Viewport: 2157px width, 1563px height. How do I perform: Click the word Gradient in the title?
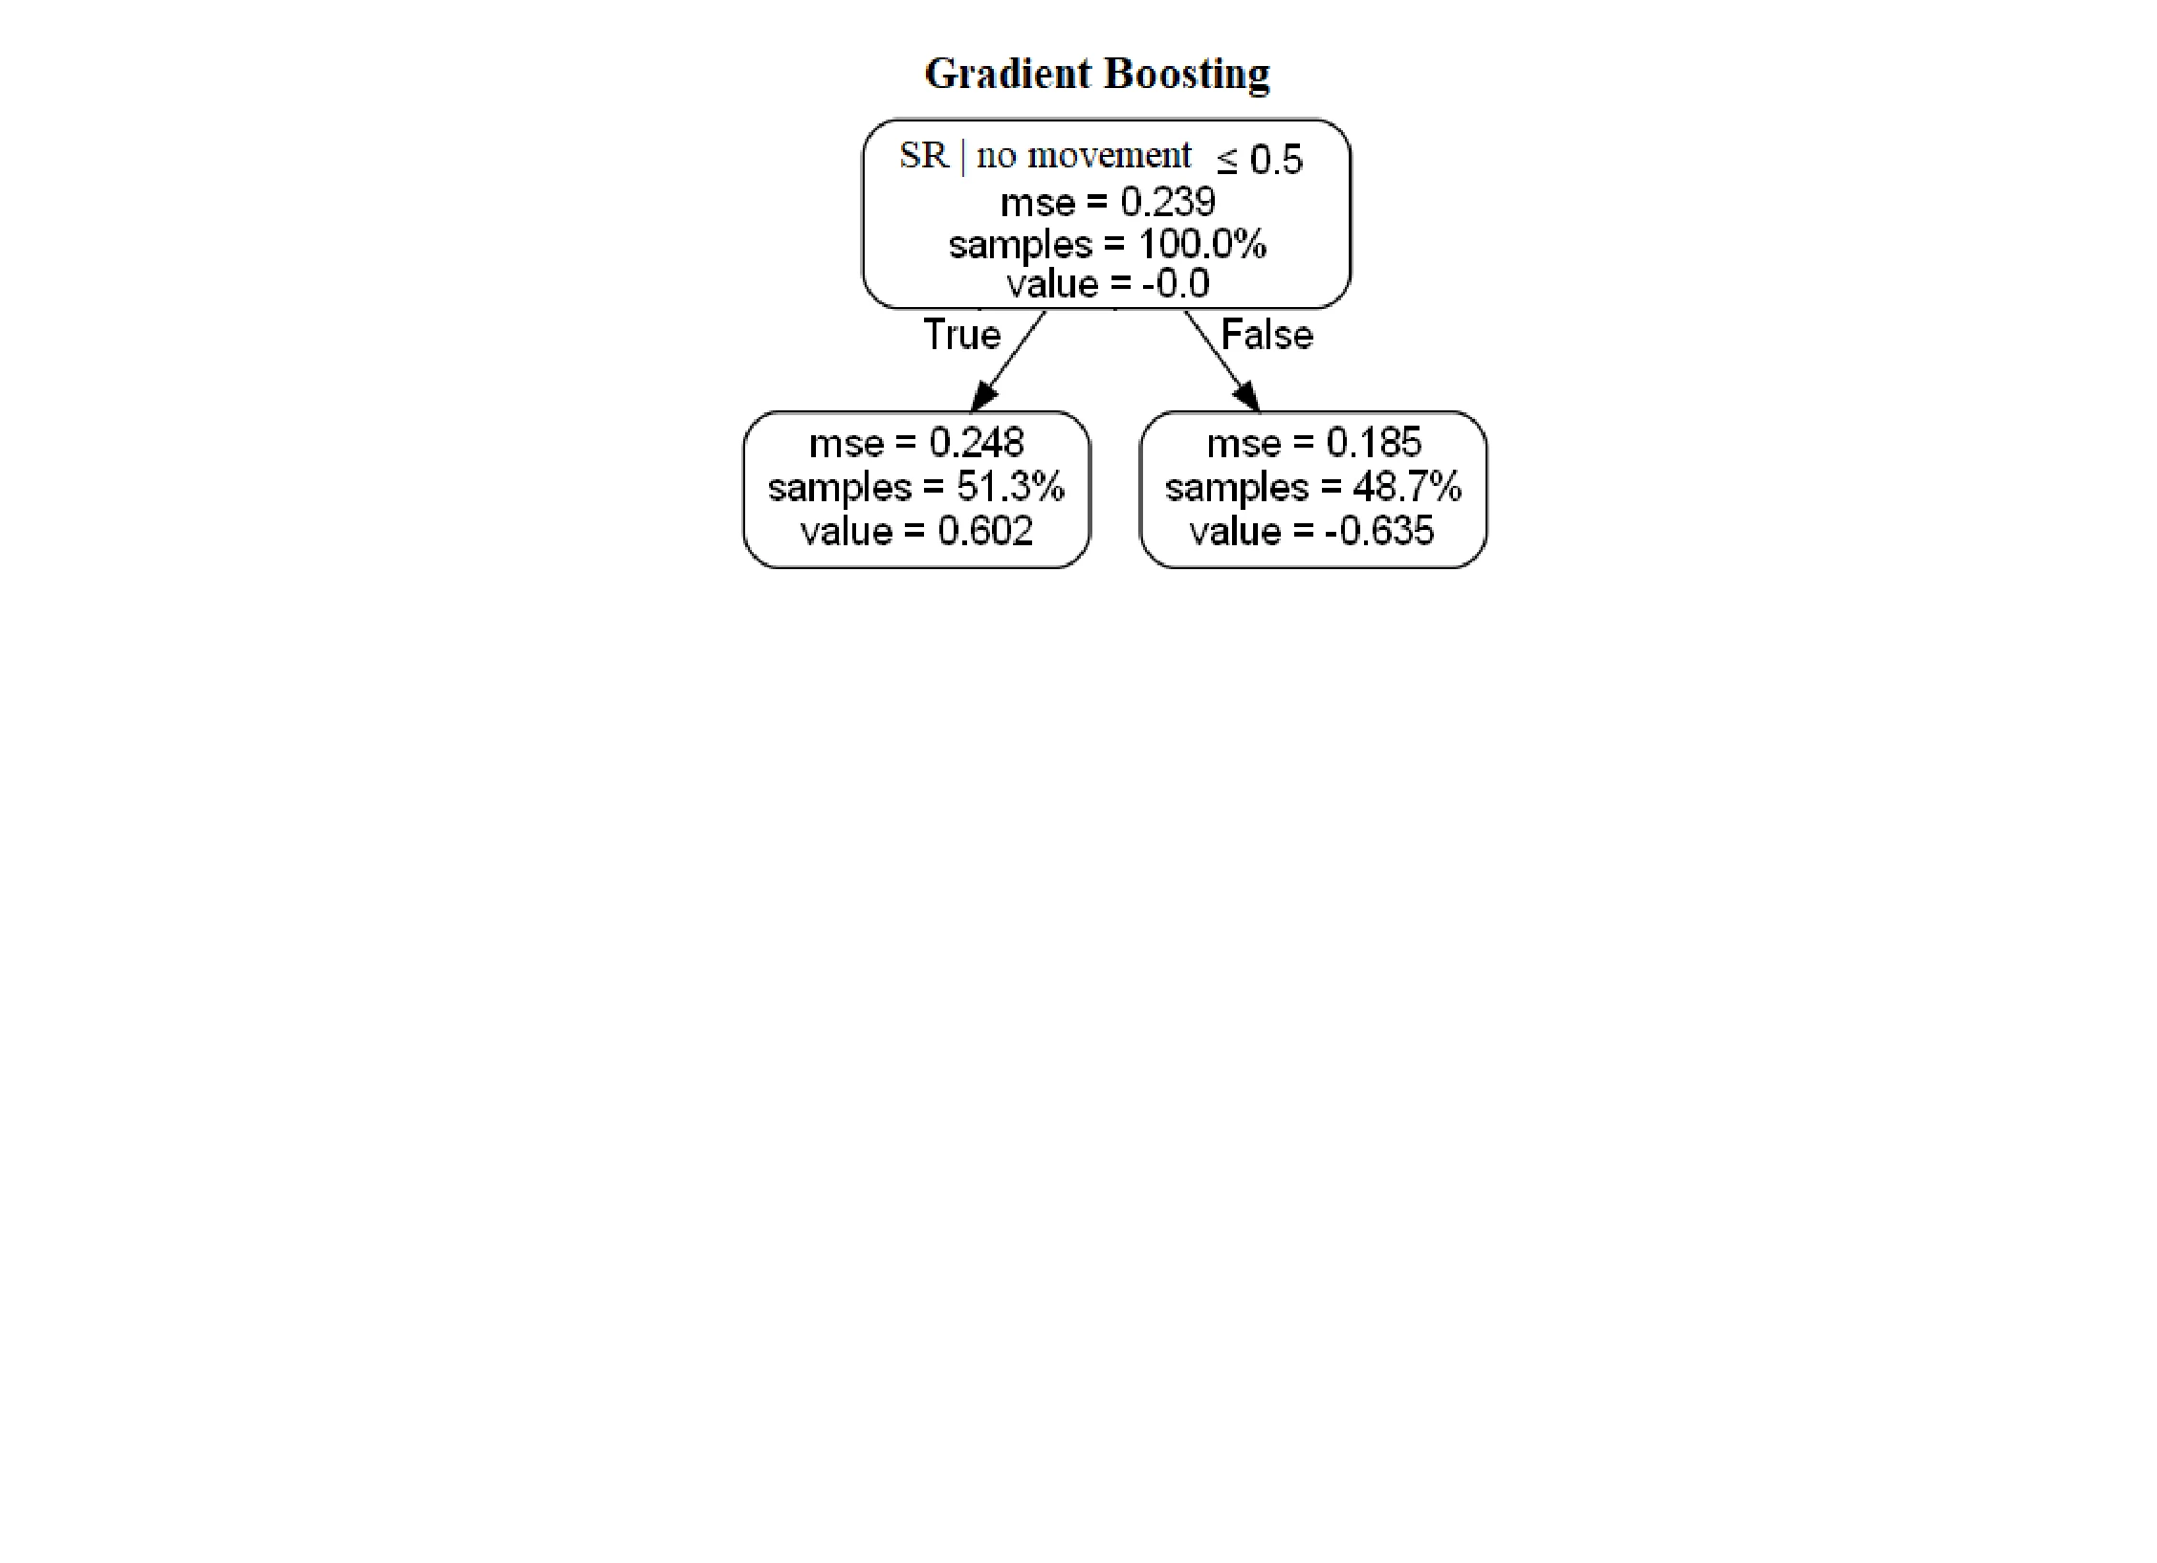1008,74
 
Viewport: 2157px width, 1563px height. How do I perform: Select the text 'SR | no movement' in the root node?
1045,155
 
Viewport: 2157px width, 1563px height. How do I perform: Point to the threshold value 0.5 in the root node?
1276,160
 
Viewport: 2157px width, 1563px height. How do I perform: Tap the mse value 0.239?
1168,202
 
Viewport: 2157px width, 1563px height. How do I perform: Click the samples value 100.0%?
1202,244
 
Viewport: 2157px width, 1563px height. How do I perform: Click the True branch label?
961,335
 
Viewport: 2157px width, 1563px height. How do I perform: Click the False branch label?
1267,335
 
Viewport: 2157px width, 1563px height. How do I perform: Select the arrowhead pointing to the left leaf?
984,395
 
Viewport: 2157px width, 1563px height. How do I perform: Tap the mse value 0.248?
977,443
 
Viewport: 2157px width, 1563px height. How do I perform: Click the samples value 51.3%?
1010,487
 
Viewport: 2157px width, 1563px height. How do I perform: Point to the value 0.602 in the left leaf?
985,531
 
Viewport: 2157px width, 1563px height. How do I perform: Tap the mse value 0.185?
1374,443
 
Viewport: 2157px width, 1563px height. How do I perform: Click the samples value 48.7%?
1407,487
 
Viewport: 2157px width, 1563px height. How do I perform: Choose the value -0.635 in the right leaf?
1378,531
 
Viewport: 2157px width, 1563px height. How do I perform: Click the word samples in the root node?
1020,245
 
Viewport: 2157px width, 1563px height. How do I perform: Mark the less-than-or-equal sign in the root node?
1227,162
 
